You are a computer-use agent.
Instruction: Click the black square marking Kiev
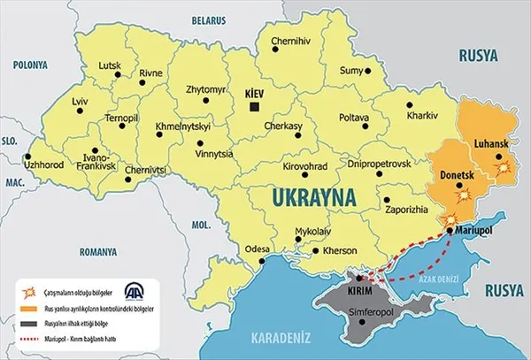coord(254,106)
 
